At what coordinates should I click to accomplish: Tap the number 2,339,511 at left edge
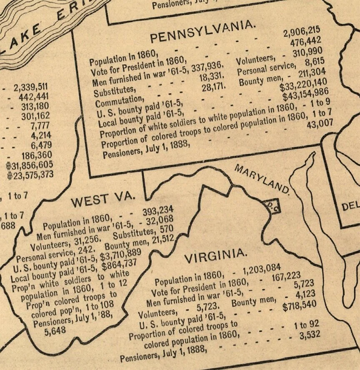pos(30,87)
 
